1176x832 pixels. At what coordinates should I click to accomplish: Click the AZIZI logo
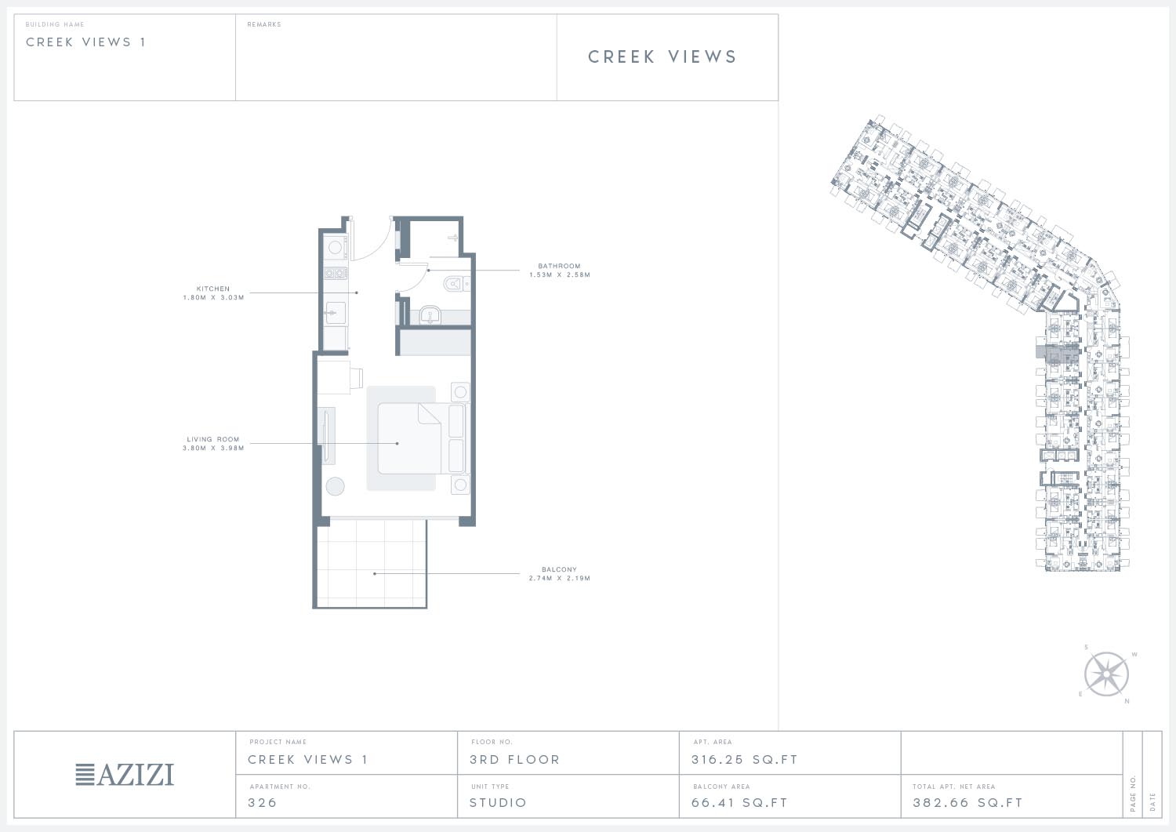[x=125, y=775]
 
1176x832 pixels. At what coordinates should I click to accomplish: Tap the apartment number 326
[x=262, y=802]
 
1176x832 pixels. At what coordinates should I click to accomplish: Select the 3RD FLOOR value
[x=514, y=760]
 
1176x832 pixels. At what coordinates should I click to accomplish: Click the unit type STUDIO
[x=498, y=802]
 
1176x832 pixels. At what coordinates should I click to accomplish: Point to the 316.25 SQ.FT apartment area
[x=745, y=760]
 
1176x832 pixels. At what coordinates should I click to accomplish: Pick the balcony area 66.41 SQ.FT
[x=739, y=802]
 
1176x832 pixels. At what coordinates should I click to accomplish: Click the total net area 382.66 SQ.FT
[x=967, y=802]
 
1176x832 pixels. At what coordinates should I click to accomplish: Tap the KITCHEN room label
[x=213, y=289]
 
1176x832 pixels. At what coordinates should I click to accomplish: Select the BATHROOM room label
[x=559, y=267]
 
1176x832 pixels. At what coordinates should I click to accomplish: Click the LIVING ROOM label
[x=213, y=439]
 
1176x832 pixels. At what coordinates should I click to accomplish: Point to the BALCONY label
[x=559, y=569]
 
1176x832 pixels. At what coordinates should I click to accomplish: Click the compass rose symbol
[x=1106, y=674]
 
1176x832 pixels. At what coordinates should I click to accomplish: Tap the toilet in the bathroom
[x=455, y=284]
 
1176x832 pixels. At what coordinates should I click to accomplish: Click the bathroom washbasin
[x=430, y=315]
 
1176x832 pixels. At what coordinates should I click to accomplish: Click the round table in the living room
[x=335, y=486]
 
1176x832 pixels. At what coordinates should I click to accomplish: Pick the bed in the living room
[x=421, y=438]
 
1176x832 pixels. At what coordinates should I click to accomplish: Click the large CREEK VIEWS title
[x=662, y=56]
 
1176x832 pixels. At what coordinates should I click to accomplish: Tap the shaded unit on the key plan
[x=1057, y=355]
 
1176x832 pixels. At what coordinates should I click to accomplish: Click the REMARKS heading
[x=264, y=24]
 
